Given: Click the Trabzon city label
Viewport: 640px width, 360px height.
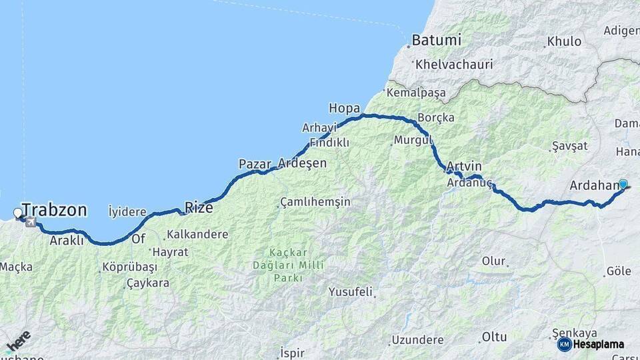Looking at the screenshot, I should point(55,211).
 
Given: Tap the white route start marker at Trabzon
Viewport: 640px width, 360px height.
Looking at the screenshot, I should point(18,214).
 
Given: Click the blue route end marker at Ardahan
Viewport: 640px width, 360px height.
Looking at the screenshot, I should point(623,185).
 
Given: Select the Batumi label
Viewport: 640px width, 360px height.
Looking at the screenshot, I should point(436,40).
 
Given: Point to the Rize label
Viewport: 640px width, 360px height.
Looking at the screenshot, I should point(199,208).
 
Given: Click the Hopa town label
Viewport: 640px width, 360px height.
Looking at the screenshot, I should point(344,108).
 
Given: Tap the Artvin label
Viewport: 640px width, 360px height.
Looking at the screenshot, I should point(465,166).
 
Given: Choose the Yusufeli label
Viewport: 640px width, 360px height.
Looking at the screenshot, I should point(350,292).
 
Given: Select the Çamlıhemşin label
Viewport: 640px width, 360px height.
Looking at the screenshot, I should point(315,201).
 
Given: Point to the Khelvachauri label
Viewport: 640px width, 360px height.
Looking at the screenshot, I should point(453,65).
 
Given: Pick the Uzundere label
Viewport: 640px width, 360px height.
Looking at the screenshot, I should point(417,340).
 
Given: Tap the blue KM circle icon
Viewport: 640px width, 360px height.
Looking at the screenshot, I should point(564,344).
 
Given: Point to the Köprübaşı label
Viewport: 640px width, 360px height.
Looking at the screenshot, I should point(130,267).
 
